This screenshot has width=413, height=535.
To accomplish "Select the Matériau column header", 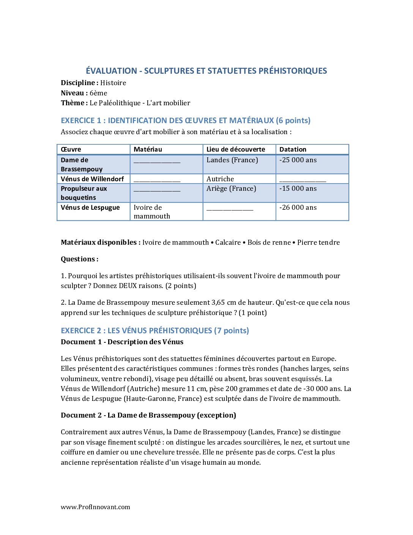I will pyautogui.click(x=148, y=149).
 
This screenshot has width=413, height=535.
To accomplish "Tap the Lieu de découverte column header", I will pyautogui.click(x=236, y=149).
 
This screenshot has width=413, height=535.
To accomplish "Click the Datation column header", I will pyautogui.click(x=293, y=149).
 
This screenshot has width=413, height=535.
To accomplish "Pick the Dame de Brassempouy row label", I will pyautogui.click(x=81, y=165).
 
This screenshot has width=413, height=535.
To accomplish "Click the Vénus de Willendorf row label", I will pyautogui.click(x=92, y=179).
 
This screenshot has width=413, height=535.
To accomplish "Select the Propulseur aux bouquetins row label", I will pyautogui.click(x=84, y=193).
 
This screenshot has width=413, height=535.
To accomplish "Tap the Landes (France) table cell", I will pyautogui.click(x=232, y=160).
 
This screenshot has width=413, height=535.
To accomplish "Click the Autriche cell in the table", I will pyautogui.click(x=220, y=179).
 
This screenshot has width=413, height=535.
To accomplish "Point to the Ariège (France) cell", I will pyautogui.click(x=231, y=188).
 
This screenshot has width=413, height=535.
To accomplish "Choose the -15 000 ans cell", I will pyautogui.click(x=298, y=188).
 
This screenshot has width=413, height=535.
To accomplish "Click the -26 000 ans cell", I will pyautogui.click(x=298, y=207).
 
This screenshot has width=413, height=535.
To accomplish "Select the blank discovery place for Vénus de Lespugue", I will pyautogui.click(x=230, y=208).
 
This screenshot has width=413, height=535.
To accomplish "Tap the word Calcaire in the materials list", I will pyautogui.click(x=228, y=242).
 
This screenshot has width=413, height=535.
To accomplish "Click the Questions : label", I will pyautogui.click(x=79, y=259).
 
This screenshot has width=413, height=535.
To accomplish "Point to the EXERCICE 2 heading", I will pyautogui.click(x=155, y=331).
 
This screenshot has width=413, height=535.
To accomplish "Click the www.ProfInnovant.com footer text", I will pyautogui.click(x=95, y=507).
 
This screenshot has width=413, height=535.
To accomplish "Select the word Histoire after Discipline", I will pyautogui.click(x=113, y=83).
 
